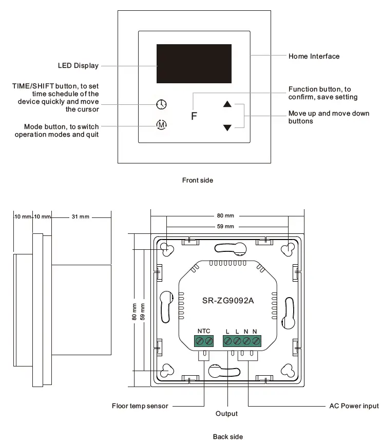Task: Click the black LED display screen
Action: click(194, 64)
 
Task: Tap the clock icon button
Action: click(161, 104)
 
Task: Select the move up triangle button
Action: click(227, 104)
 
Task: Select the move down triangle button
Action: click(227, 127)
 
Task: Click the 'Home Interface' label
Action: click(314, 56)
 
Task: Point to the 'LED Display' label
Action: click(78, 66)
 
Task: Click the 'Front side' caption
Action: click(197, 180)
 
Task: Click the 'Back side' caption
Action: click(227, 436)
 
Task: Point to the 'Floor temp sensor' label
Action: click(140, 406)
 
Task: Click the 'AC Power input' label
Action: click(354, 406)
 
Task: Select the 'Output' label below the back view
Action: click(226, 414)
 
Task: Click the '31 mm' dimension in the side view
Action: click(80, 217)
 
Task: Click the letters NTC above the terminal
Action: click(204, 331)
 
